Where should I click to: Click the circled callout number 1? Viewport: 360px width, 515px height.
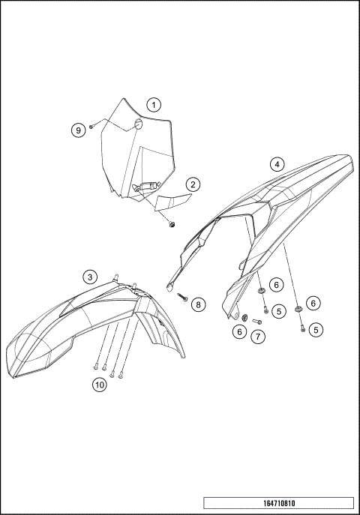point(153,105)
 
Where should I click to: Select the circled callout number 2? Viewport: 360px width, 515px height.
point(193,184)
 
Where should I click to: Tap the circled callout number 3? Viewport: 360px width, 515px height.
point(89,277)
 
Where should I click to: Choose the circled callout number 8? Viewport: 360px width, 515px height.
point(197,304)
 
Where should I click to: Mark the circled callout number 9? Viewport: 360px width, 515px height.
point(78,130)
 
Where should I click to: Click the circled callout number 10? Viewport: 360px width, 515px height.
point(99,385)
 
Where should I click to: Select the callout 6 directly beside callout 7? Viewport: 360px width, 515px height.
point(240,331)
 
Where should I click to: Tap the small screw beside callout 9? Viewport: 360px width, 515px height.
point(91,127)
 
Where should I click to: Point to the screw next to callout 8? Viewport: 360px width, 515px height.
point(182,297)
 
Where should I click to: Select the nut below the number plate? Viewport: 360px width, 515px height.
point(172,223)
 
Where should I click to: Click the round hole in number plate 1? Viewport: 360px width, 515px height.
point(138,124)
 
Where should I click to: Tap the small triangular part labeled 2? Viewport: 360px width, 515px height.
point(173,202)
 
